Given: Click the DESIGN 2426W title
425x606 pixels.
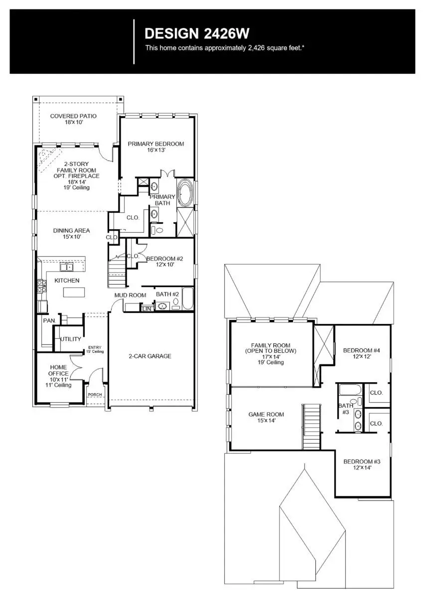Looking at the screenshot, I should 196,33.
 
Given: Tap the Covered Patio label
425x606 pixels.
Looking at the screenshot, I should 73,116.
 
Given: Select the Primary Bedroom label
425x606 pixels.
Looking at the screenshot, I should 155,144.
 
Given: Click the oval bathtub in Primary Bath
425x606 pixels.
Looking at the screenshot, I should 186,194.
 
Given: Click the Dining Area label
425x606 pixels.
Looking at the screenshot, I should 72,230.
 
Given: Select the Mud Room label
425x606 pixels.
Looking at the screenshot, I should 130,295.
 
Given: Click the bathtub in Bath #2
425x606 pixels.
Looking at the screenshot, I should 187,299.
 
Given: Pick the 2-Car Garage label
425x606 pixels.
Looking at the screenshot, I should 150,356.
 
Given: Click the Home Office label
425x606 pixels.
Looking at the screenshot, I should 58,370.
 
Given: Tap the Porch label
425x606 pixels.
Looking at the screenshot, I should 95,395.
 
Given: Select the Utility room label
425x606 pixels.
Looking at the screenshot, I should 70,339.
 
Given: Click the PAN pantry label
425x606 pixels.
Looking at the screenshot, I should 48,320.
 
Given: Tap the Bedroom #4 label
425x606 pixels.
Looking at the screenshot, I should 361,350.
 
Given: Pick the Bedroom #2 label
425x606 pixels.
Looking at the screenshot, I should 164,259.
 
